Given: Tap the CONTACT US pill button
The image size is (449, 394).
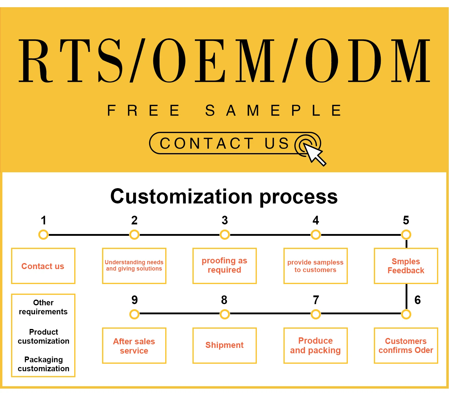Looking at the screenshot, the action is pos(224,143).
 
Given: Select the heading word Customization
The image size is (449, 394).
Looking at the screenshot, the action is pos(181,197).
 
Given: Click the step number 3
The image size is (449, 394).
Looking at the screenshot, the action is pos(224,221).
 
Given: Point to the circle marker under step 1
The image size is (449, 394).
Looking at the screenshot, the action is pos(43,235).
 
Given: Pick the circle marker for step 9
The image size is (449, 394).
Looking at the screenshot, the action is pos(134,314).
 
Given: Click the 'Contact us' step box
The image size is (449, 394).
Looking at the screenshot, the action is pos(43,266).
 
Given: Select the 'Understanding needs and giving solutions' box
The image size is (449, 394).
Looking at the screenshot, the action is pos(134,266).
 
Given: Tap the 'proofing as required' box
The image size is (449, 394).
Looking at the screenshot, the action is pos(224,266).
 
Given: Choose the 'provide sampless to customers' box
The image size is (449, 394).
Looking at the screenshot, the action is pos(315,266).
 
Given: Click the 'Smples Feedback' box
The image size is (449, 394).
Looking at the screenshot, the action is pos(406,266).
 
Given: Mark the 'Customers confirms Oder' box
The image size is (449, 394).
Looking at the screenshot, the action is pos(406,345).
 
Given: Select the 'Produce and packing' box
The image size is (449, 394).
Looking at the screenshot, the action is pos(315,345).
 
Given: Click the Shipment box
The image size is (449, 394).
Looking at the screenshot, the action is pos(224,345).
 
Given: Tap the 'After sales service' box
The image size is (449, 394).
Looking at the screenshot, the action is pos(134,345).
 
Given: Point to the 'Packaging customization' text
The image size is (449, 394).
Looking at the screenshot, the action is pos(43,364).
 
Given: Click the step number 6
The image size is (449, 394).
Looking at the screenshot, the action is pos(418,300).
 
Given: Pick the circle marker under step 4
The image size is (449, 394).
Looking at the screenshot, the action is pos(316,235).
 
